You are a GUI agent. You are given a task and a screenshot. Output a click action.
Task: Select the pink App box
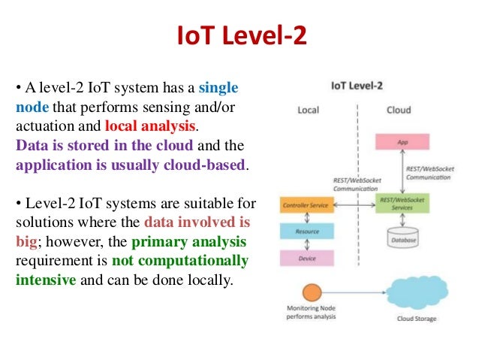(401, 141)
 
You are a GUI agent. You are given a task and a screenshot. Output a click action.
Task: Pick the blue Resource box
(307, 231)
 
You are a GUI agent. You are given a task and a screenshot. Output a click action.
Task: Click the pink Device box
(307, 258)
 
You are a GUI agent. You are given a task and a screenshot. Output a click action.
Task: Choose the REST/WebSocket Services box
(401, 204)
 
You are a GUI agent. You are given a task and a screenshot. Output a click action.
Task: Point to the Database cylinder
(402, 239)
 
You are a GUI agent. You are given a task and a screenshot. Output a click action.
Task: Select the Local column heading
(308, 110)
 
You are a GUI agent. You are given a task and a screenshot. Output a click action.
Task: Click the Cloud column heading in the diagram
(399, 110)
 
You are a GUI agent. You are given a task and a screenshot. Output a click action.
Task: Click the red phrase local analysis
(151, 125)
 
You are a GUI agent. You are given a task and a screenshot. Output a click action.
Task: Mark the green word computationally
(192, 262)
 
